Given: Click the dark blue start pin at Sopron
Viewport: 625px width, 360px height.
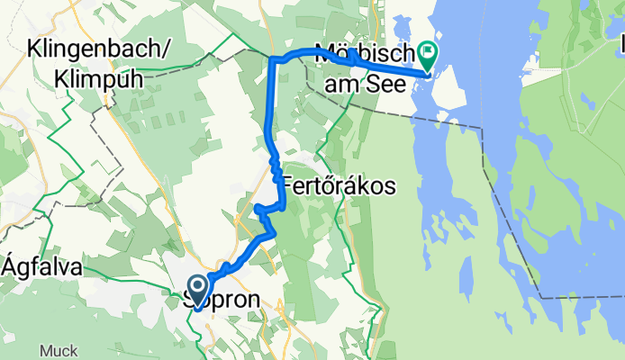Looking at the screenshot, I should [x=198, y=290].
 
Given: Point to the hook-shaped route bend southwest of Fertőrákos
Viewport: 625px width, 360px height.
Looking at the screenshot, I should [x=260, y=211].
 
